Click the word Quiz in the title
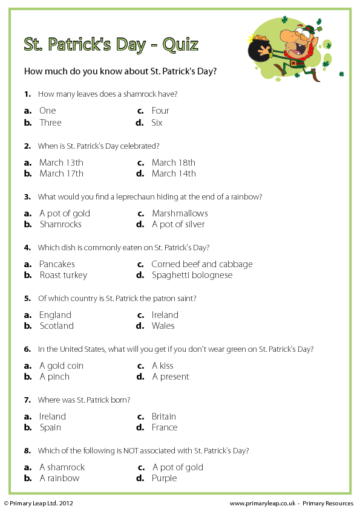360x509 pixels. tap(180, 45)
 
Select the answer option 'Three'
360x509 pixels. tap(50, 123)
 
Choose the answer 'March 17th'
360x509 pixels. tap(61, 173)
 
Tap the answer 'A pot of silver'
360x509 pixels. tap(178, 224)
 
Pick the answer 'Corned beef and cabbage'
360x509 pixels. tap(202, 264)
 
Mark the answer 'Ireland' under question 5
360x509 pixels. tap(165, 315)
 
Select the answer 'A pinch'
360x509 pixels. tap(54, 377)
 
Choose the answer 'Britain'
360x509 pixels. tap(164, 417)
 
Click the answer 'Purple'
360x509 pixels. tap(165, 478)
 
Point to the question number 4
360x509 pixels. tap(27, 247)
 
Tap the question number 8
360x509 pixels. tap(27, 450)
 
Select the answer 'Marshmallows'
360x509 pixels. tap(180, 213)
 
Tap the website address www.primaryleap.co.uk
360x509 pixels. tap(263, 503)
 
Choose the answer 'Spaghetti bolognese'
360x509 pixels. tap(192, 275)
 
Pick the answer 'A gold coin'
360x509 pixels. tap(61, 366)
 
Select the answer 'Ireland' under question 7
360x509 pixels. tap(52, 417)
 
